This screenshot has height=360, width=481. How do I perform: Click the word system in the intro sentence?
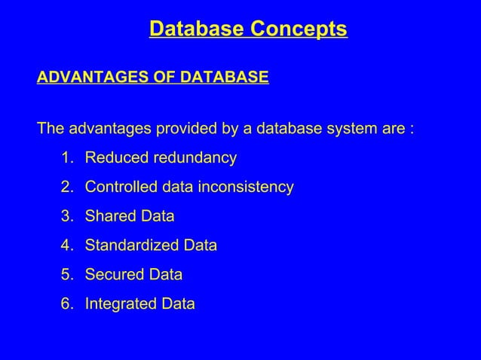(x=354, y=128)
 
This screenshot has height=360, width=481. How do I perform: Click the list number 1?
(x=66, y=158)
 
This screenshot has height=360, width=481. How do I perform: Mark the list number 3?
(x=66, y=216)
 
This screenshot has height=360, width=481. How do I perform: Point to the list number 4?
(x=66, y=246)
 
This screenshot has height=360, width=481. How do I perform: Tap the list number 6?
(x=66, y=304)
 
